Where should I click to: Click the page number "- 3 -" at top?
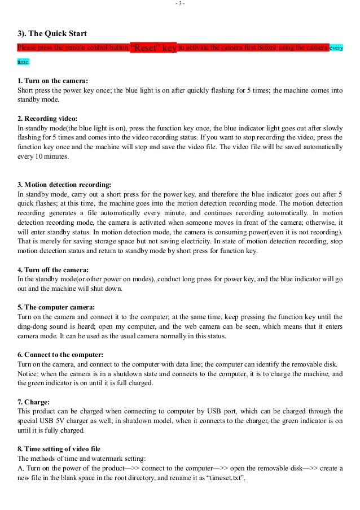coord(180,4)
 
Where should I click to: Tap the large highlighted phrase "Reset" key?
coord(153,48)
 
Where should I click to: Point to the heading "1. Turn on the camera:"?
coord(53,80)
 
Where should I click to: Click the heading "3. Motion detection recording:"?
coord(64,185)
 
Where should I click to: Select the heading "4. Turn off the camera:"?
coord(54,269)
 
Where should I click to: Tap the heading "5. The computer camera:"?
coord(55,307)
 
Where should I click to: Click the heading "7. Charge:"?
coord(34,402)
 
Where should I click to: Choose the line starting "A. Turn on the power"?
coord(181,468)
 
